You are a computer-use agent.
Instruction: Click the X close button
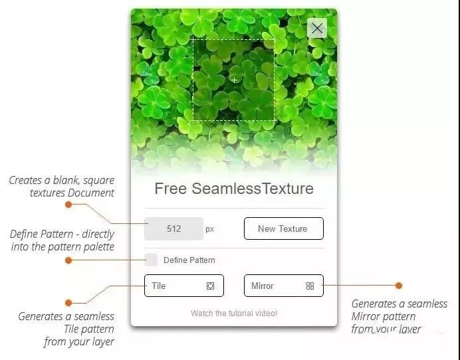[317, 29]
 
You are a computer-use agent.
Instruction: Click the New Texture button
[284, 228]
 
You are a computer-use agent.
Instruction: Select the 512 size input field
[173, 228]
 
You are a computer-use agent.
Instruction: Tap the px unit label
[209, 229]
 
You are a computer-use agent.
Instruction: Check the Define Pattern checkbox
[151, 260]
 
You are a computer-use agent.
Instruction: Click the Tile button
[184, 286]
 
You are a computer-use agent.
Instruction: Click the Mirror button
[284, 286]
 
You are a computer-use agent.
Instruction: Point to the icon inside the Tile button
[210, 286]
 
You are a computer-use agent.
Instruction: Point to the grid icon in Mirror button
[310, 286]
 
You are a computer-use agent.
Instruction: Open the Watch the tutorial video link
[234, 313]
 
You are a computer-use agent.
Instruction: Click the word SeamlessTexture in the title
[253, 189]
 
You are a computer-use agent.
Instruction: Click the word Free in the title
[170, 189]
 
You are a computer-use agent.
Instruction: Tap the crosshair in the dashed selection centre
[234, 80]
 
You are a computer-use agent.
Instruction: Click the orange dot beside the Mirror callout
[399, 285]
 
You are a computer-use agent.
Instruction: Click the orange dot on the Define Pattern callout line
[68, 260]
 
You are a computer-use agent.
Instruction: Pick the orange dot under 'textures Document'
[68, 205]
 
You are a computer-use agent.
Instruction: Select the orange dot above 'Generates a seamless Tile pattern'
[68, 302]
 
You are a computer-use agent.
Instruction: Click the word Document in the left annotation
[91, 193]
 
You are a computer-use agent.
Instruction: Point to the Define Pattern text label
[189, 260]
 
